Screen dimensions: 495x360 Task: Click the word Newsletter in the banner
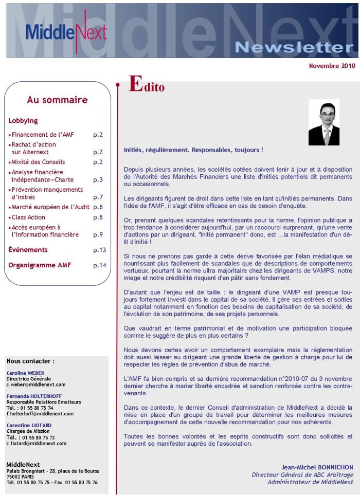pyautogui.click(x=294, y=48)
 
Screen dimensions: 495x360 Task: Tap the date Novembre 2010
pyautogui.click(x=332, y=66)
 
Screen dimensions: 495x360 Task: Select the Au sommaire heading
pyautogui.click(x=57, y=100)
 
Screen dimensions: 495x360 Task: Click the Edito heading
pyautogui.click(x=147, y=85)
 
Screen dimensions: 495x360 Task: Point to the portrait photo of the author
pyautogui.click(x=323, y=122)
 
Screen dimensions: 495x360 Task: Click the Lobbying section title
pyautogui.click(x=23, y=121)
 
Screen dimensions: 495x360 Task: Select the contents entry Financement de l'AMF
pyautogui.click(x=43, y=135)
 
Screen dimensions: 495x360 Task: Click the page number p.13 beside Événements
pyautogui.click(x=99, y=250)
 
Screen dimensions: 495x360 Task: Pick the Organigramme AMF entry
pyautogui.click(x=40, y=265)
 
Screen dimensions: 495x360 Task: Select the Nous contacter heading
pyautogui.click(x=30, y=361)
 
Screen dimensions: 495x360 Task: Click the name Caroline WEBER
pyautogui.click(x=26, y=373)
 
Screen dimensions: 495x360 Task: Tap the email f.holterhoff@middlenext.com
pyautogui.click(x=40, y=413)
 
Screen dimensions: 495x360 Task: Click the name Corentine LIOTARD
pyautogui.click(x=29, y=426)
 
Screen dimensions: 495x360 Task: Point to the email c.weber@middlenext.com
pyautogui.click(x=35, y=384)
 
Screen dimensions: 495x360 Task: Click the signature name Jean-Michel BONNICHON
pyautogui.click(x=317, y=467)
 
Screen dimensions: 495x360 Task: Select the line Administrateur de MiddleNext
pyautogui.click(x=310, y=482)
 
